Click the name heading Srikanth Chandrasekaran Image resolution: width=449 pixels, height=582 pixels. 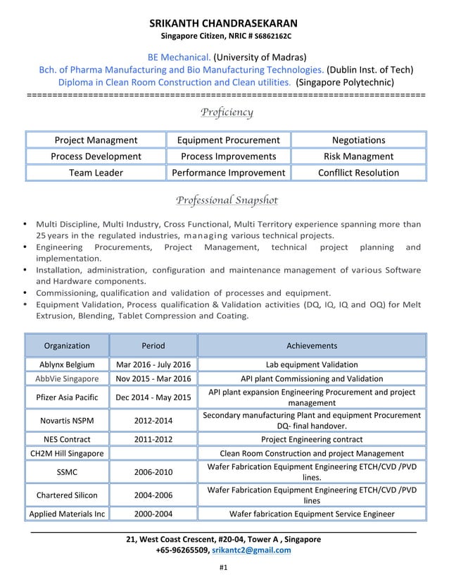coord(224,23)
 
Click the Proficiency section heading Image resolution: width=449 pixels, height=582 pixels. coord(227,112)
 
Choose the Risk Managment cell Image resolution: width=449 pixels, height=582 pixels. coord(358,156)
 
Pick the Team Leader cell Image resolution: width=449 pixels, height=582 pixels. coord(96,173)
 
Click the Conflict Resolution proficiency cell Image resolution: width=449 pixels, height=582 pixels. coord(358,173)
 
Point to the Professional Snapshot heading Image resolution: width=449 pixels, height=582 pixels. coord(227,201)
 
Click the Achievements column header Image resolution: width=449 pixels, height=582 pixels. coord(311,346)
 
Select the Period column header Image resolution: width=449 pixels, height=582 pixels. coord(153,346)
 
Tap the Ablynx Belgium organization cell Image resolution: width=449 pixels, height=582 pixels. coord(67,365)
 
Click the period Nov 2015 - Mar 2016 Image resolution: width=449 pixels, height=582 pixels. coord(153,379)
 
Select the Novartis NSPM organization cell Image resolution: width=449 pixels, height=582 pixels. coord(67,421)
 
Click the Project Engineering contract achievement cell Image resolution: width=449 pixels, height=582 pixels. coord(311,439)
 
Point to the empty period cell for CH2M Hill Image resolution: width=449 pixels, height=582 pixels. coord(153,454)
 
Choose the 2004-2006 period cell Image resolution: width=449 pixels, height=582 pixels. coord(153,495)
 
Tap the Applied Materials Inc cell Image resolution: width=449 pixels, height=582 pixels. coord(67,514)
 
